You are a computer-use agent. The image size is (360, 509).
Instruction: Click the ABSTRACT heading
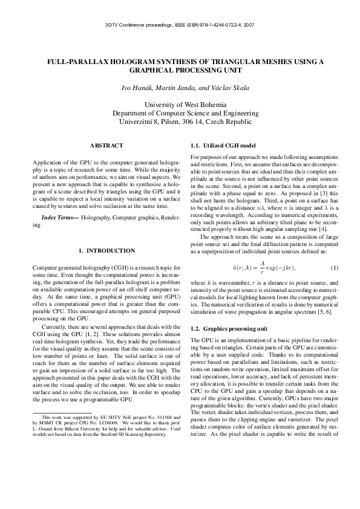(x=106, y=146)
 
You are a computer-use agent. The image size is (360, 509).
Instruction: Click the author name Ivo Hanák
(x=137, y=88)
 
